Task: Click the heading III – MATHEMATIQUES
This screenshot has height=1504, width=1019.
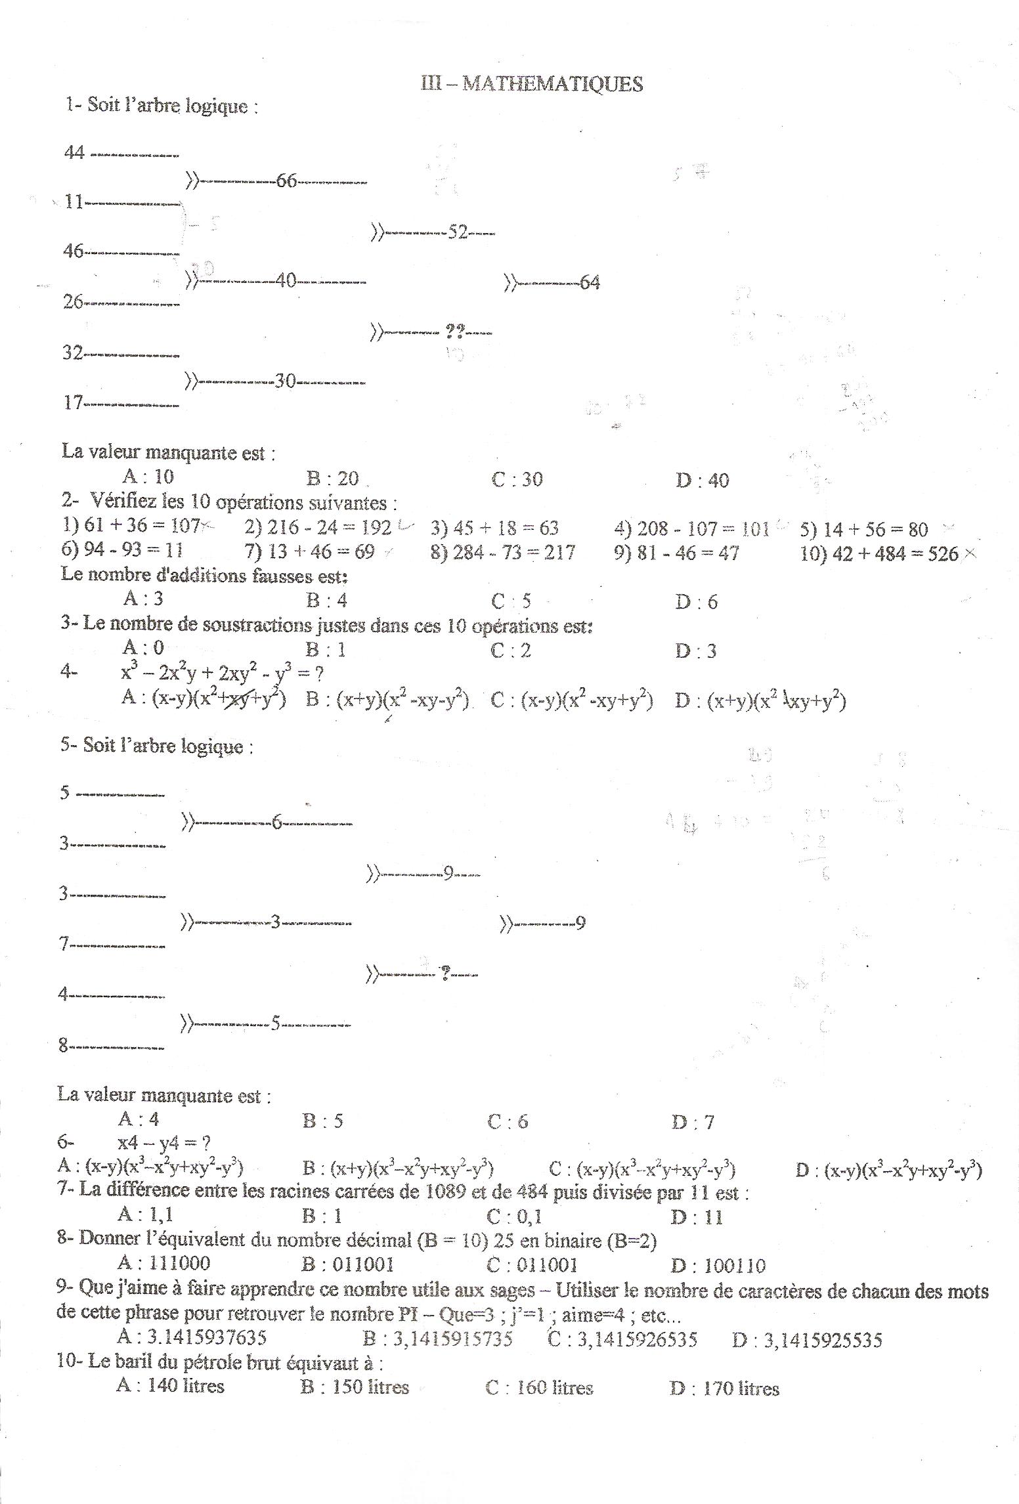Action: click(532, 84)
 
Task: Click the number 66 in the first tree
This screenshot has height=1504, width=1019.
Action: click(287, 181)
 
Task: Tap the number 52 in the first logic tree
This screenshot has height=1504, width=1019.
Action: click(457, 232)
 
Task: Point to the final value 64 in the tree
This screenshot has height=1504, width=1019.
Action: click(590, 283)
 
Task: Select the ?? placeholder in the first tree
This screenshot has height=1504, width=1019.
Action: click(455, 332)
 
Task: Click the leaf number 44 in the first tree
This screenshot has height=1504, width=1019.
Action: click(74, 152)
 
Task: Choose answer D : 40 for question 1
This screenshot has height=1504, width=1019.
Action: click(702, 481)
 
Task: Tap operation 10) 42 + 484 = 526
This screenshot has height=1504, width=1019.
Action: click(879, 554)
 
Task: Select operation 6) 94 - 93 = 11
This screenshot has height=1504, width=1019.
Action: click(121, 550)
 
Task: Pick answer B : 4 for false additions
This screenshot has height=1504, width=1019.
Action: click(326, 600)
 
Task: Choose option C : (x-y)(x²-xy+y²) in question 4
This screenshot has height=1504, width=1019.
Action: click(572, 701)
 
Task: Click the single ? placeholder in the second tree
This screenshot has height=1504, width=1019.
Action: click(446, 974)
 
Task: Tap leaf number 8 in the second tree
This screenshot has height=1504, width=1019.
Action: click(64, 1046)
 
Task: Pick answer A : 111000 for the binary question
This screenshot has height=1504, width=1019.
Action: click(163, 1262)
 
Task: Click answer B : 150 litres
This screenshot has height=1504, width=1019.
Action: click(355, 1387)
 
